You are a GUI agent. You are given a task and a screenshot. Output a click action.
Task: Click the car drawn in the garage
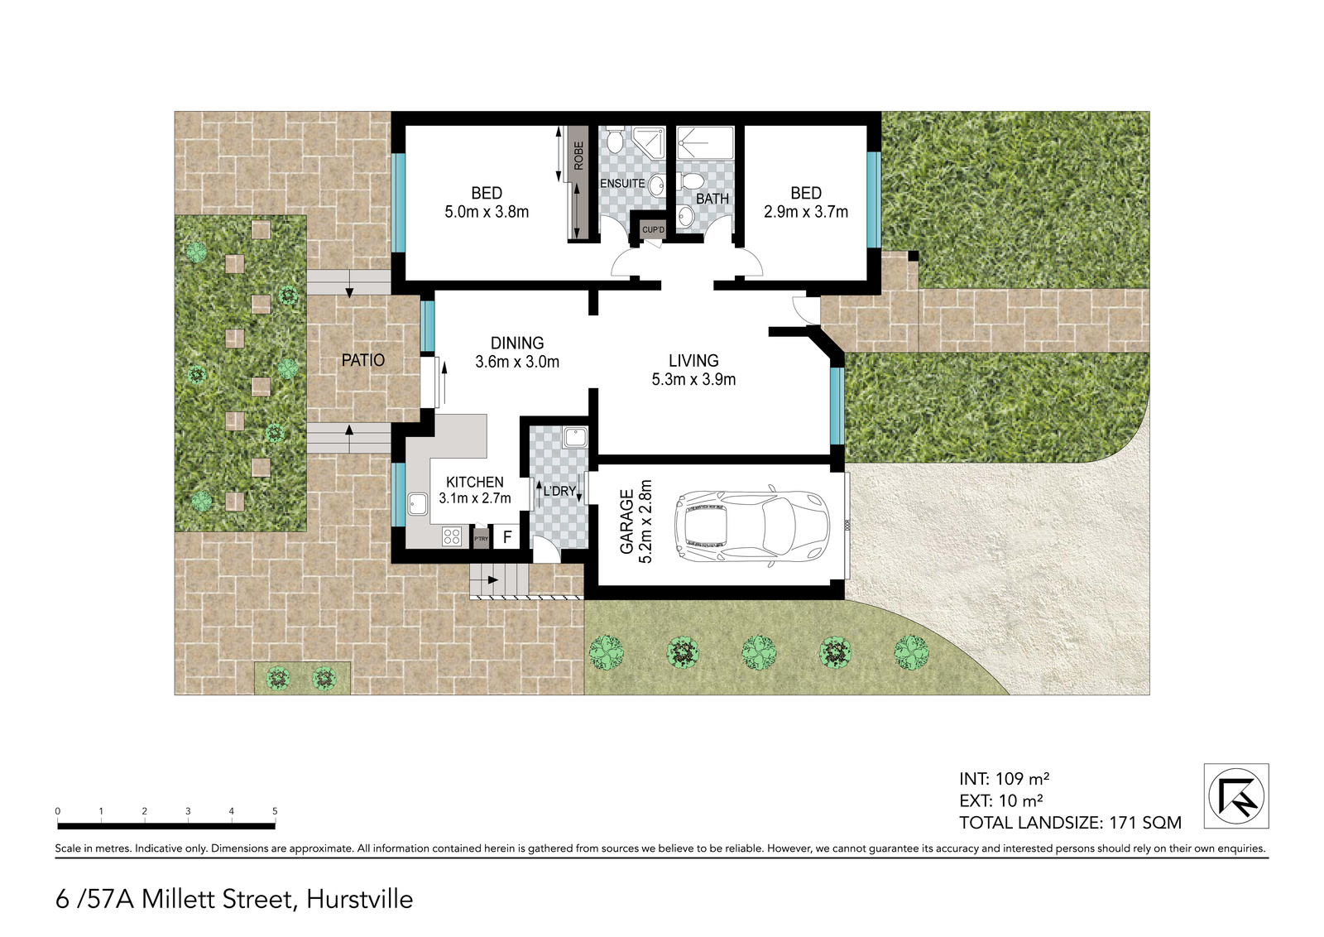coord(752,526)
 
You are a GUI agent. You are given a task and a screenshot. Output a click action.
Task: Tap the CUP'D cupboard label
coord(653,229)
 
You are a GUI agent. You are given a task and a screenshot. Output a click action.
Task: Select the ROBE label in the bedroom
coord(578,156)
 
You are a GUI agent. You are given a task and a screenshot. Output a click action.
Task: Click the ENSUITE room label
coord(622,183)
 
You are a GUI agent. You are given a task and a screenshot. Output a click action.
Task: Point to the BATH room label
coord(712,199)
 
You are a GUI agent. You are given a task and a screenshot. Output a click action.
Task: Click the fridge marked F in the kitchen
coord(506,537)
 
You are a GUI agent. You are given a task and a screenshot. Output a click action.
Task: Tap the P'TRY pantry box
coord(481,539)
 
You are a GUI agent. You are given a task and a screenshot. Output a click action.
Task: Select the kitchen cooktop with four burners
coord(452,536)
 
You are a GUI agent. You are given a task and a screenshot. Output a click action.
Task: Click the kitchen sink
coord(418,504)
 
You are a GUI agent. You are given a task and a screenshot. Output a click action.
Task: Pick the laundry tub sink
coord(574,438)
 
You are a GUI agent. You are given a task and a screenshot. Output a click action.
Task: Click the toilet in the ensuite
coord(613,141)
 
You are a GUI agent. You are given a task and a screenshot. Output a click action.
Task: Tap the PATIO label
coord(363,360)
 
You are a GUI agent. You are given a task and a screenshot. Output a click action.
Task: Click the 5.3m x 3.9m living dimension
coord(693,380)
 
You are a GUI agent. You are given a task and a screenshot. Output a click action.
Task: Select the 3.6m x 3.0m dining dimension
coord(517,362)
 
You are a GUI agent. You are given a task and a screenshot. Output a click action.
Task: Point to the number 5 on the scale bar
coord(275,811)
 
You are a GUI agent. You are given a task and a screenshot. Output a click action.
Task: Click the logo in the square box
coord(1236,795)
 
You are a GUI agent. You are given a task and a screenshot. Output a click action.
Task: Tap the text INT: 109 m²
coord(1005,779)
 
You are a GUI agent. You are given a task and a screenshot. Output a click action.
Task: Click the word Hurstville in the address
coord(359,899)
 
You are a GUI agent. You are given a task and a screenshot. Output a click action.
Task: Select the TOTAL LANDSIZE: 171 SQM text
coord(1070,822)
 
